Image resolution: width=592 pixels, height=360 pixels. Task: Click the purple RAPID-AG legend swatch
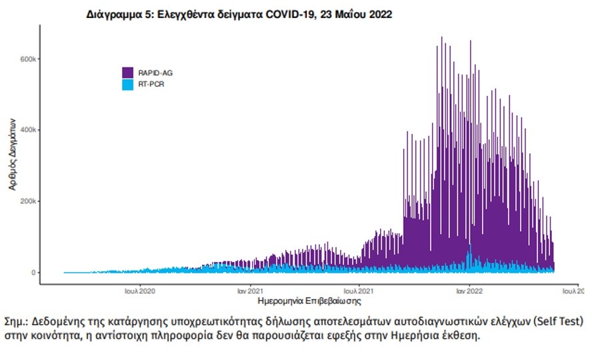pos(129,73)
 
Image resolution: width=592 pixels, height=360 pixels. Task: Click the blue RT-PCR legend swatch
pos(129,85)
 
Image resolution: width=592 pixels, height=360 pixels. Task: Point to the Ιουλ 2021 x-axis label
pos(359,291)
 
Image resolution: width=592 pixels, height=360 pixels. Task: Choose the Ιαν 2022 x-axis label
pos(469,291)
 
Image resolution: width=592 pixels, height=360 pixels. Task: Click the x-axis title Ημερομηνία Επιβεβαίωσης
pos(309,301)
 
